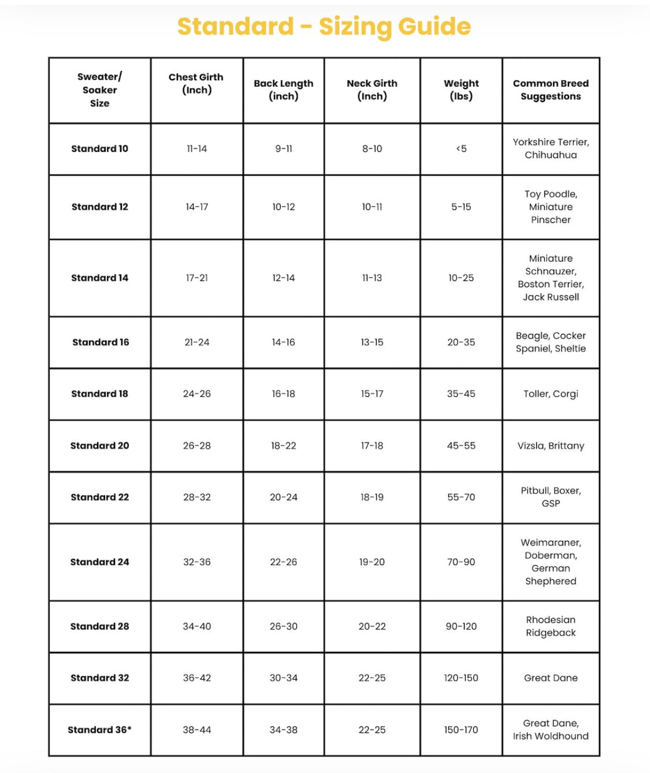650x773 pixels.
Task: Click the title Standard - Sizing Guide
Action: pos(324,27)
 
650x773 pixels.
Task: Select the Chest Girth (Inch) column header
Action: pos(196,84)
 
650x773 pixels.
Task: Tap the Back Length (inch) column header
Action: pos(283,90)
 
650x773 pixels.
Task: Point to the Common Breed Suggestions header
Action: pos(551,90)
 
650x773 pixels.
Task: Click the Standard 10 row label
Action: pos(99,148)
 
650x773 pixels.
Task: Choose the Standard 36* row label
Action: pos(99,730)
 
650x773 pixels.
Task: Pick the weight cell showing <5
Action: pos(461,148)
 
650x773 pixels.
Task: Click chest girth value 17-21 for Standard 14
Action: pos(196,278)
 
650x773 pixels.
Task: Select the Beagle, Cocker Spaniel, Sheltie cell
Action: pos(551,342)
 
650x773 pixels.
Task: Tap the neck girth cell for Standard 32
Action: pos(372,678)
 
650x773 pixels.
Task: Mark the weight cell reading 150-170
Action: pos(461,730)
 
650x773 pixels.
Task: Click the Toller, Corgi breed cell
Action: pos(551,393)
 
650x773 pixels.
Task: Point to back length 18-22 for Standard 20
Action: pos(283,445)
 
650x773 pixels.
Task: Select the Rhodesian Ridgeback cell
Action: pos(551,626)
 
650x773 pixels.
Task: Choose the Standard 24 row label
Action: pos(99,562)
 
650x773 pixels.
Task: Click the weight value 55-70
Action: pos(461,497)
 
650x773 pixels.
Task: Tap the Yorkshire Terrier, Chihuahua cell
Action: pos(551,148)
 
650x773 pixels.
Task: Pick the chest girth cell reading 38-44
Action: pos(196,730)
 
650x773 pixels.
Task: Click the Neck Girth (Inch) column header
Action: pos(372,90)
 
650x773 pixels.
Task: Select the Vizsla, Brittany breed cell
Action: pos(551,445)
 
